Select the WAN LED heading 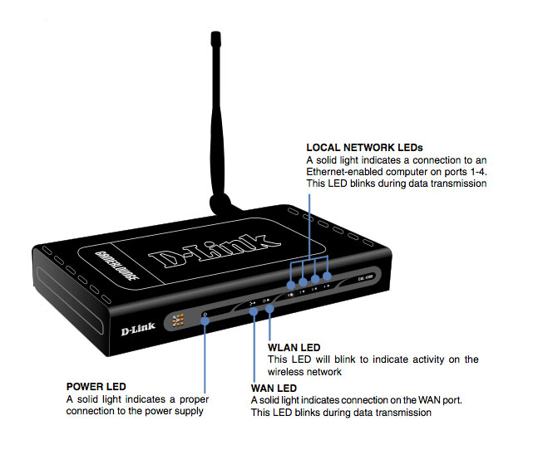274,388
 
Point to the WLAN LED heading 294,347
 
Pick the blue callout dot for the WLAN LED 270,310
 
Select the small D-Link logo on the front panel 141,327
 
